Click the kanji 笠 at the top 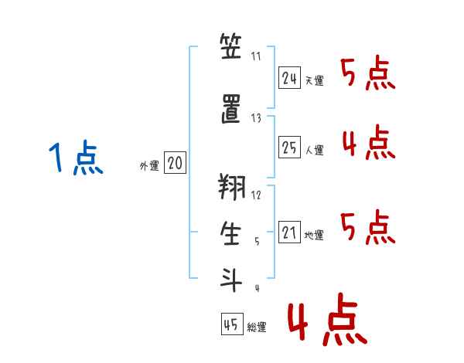coord(230,46)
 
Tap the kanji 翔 coord(232,187)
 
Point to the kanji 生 coord(230,233)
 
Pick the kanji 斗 coord(231,280)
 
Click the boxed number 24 coord(289,77)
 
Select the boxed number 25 coord(289,147)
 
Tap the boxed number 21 coord(289,232)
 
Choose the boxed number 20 coord(175,162)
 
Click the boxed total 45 coord(232,324)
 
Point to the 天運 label coord(314,80)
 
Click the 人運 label coord(314,150)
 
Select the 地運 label coord(314,235)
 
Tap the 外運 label coord(149,166)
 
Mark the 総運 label coord(257,327)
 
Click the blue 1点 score coord(76,157)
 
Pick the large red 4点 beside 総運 coord(327,319)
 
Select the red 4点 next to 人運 coord(369,142)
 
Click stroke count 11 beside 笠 coord(256,56)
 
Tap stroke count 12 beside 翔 coord(256,195)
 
